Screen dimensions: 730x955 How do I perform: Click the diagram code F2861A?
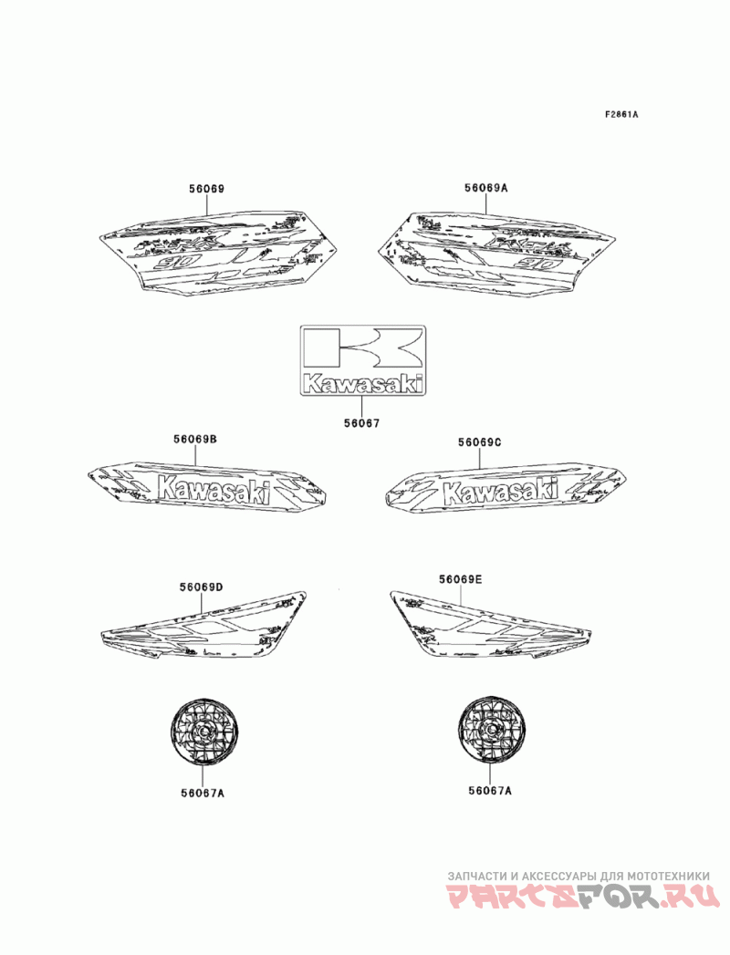point(620,116)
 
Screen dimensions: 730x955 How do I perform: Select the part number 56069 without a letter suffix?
point(206,189)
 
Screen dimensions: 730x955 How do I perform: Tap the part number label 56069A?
point(485,188)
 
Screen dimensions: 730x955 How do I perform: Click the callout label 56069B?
point(195,440)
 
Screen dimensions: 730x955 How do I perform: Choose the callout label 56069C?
point(480,442)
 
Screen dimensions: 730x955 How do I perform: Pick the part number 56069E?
point(460,579)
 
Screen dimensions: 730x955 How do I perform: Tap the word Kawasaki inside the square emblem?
point(363,384)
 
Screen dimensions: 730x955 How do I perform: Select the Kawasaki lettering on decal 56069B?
point(214,490)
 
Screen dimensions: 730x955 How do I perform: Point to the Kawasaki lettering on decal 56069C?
point(499,491)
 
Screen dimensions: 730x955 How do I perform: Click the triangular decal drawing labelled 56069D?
point(205,627)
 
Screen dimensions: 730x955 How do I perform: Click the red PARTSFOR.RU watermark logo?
point(583,898)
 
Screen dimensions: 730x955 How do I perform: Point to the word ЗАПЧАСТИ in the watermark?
point(474,875)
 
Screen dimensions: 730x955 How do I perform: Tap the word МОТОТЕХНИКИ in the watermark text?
point(670,875)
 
